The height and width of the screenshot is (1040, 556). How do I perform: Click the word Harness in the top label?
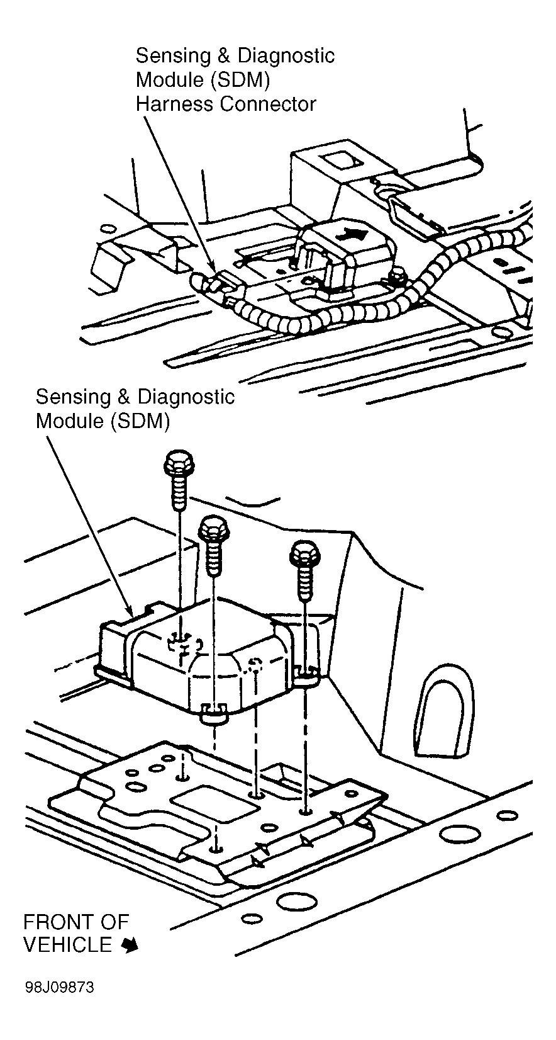click(175, 104)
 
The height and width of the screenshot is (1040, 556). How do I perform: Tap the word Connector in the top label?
click(268, 104)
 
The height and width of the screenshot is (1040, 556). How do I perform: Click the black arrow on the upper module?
click(352, 234)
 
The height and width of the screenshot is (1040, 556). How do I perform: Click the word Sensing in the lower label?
click(73, 398)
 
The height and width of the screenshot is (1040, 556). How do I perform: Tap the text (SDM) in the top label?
click(240, 80)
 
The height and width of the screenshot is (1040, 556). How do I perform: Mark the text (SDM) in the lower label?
click(140, 422)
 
